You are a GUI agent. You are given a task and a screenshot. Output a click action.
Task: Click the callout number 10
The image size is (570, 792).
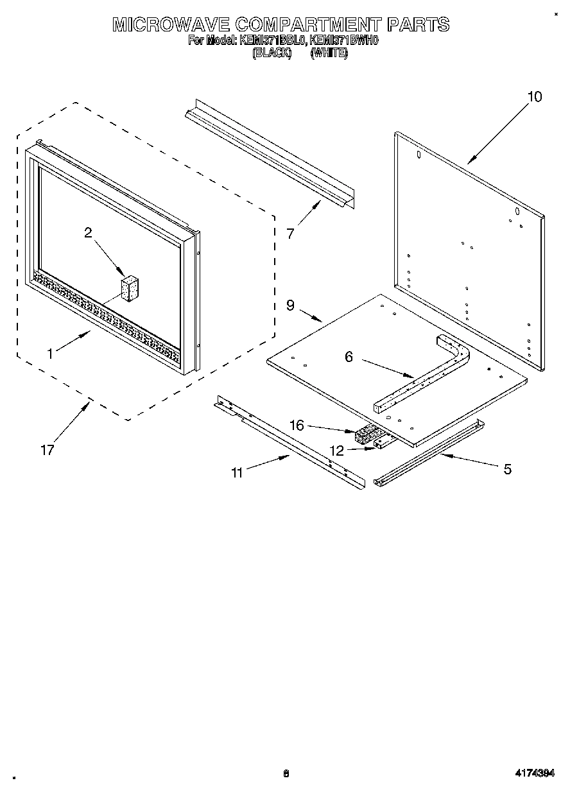pyautogui.click(x=534, y=97)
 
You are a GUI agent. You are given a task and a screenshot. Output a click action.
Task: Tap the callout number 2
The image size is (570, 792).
pyautogui.click(x=88, y=233)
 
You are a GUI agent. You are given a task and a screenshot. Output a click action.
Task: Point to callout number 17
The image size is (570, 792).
pyautogui.click(x=47, y=451)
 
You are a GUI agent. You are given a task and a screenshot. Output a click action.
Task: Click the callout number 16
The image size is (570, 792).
pyautogui.click(x=297, y=425)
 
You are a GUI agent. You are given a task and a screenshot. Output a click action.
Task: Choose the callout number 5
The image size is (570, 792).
pyautogui.click(x=507, y=470)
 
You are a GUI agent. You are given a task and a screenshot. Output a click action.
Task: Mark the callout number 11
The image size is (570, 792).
pyautogui.click(x=237, y=473)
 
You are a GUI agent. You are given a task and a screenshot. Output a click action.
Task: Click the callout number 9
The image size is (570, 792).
pyautogui.click(x=290, y=306)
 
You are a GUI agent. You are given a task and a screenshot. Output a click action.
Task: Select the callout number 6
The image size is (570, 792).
pyautogui.click(x=349, y=357)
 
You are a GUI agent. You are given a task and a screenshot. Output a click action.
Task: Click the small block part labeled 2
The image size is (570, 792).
pyautogui.click(x=130, y=288)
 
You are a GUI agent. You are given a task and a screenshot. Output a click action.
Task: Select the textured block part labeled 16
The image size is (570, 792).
pyautogui.click(x=366, y=436)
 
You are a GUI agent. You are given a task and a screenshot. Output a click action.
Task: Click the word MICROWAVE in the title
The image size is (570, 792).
pyautogui.click(x=170, y=25)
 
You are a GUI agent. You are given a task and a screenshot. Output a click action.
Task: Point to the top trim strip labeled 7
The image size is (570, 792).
pyautogui.click(x=270, y=154)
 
